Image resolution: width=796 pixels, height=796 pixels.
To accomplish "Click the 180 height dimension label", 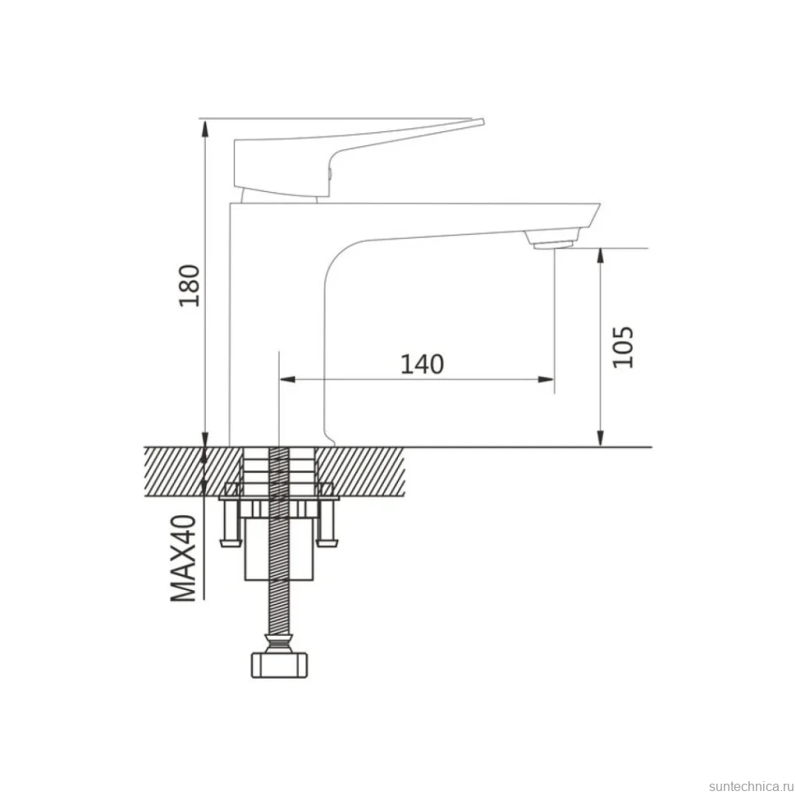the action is (190, 286).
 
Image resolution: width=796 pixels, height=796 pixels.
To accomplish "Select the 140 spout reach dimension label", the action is (422, 364).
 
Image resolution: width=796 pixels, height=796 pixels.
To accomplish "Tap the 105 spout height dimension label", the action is (623, 347).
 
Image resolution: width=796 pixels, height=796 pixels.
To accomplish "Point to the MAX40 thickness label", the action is (183, 558).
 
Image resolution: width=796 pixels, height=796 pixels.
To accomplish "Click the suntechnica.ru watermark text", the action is (752, 786).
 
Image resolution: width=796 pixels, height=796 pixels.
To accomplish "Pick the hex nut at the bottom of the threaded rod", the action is (280, 666).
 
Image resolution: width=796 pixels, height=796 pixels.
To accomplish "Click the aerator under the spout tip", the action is (553, 245).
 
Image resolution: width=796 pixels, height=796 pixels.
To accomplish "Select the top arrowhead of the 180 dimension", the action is (204, 129).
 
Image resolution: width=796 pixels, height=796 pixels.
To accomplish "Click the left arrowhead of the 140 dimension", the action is (288, 378).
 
